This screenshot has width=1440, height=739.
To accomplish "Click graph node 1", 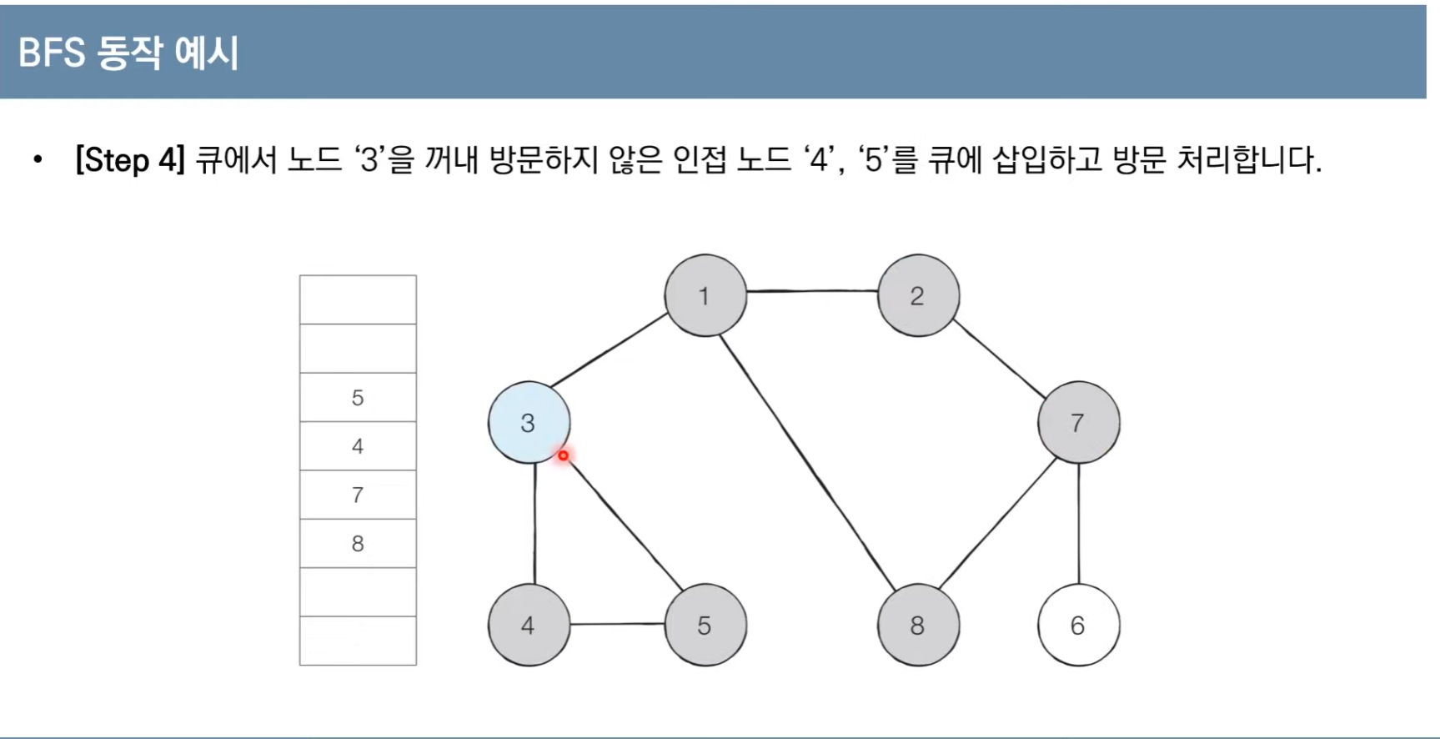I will pos(705,295).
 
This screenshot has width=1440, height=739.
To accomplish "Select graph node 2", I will pos(918,295).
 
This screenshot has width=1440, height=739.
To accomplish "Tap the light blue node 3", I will pos(529,423).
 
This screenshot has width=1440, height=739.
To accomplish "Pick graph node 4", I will pos(529,625).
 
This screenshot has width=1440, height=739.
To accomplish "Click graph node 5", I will pos(705,625).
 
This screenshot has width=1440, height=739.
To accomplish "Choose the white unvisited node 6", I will pos(1078,625).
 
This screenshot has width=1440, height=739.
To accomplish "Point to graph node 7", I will pos(1078,422).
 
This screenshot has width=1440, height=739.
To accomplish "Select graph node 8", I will pos(918,625).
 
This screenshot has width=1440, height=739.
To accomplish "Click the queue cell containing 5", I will pos(358,397).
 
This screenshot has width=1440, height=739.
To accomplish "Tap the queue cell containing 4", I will pos(358,446).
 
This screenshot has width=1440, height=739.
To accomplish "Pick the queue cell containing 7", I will pos(358,495).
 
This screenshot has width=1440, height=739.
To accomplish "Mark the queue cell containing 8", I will pos(358,544).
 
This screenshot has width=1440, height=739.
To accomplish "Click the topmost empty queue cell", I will pos(358,299).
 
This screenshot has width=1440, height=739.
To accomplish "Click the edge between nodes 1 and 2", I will pos(811,291).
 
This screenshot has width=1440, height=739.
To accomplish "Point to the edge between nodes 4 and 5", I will pos(617,624).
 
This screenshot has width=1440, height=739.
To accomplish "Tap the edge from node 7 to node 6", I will pos(1079,524).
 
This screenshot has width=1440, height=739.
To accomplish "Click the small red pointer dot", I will pos(564,455).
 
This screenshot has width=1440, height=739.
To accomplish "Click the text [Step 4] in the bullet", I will pos(129,159).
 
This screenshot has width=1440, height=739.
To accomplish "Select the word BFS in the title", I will pos(52,53).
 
